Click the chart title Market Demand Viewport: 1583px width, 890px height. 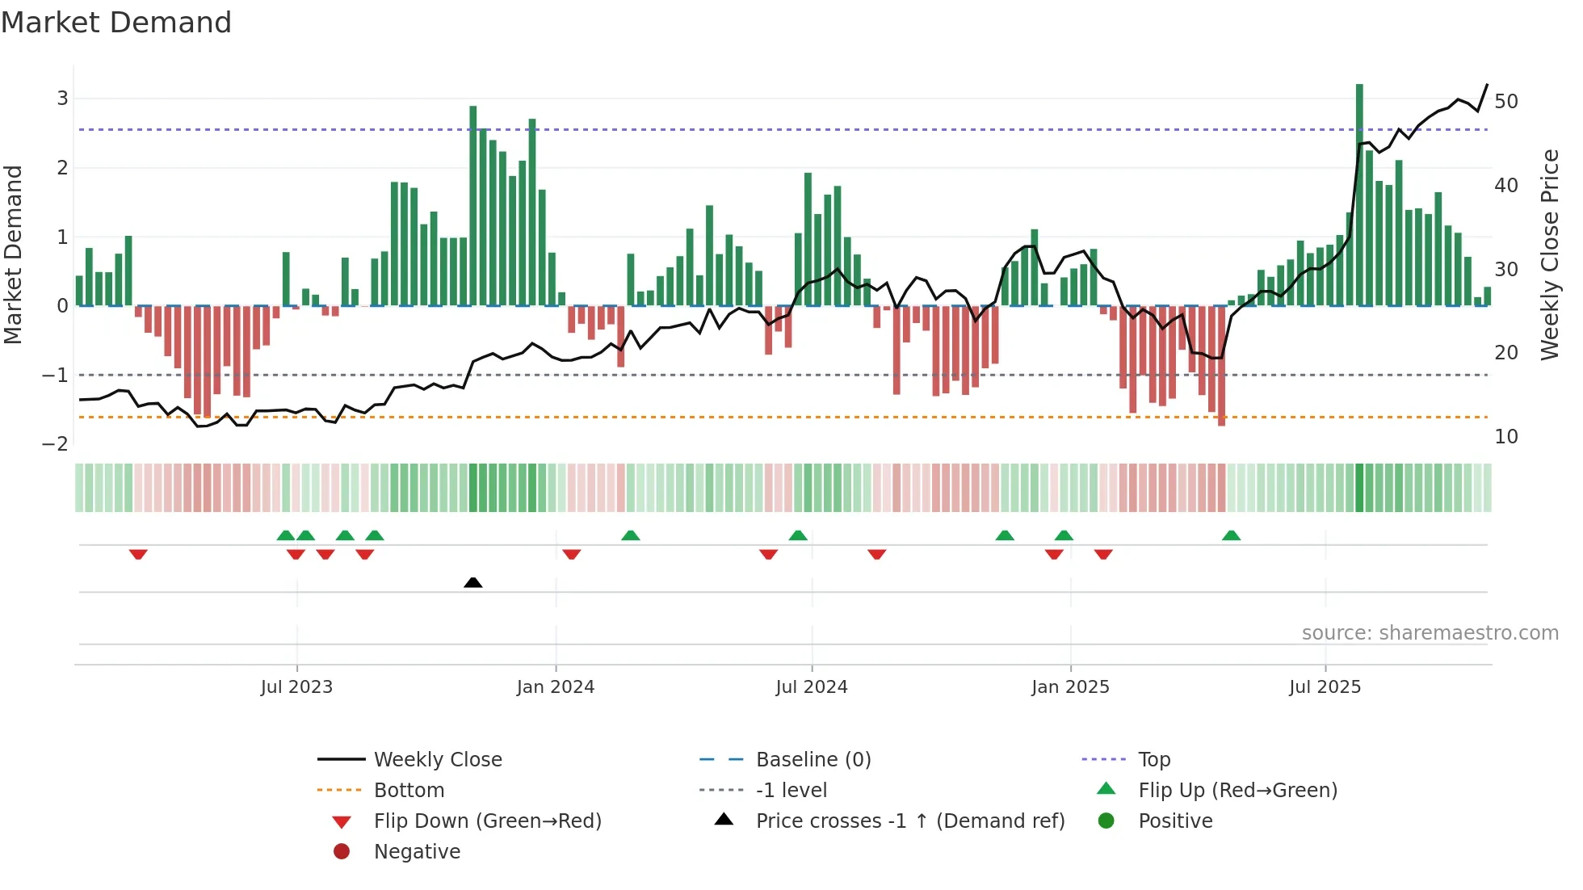pos(116,23)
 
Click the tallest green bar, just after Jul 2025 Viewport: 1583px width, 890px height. pos(1359,194)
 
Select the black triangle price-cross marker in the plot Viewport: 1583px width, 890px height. pos(473,582)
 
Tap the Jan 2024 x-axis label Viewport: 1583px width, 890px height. pos(556,687)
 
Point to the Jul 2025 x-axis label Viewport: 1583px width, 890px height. pos(1325,687)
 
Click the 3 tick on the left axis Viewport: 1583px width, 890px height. pos(62,99)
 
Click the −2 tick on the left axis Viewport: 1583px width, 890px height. pos(55,444)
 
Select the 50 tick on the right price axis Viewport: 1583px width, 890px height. pos(1506,102)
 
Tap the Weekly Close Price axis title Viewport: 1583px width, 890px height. pos(1549,254)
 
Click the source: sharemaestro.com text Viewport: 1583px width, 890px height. pos(1430,633)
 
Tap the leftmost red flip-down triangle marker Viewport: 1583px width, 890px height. pos(138,554)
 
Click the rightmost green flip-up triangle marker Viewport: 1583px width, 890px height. pos(1231,535)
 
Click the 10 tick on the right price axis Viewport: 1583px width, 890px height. pos(1506,437)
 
